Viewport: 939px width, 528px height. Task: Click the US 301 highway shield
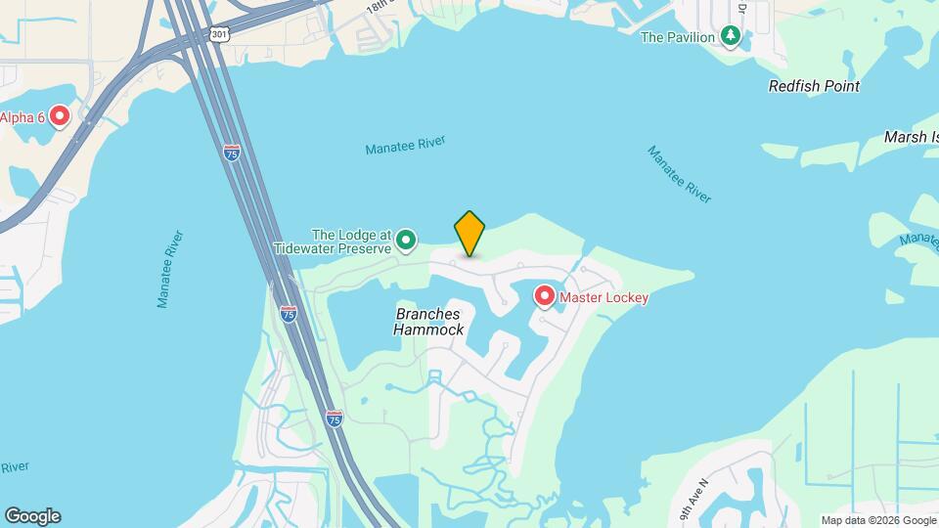[218, 34]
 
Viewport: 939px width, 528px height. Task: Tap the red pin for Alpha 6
[59, 116]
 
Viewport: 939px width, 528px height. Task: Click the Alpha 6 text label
[22, 117]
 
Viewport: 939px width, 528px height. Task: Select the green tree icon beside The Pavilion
[730, 37]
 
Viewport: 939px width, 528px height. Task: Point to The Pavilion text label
[677, 37]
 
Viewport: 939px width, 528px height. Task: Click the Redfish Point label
[814, 86]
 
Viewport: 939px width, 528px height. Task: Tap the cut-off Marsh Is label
[911, 137]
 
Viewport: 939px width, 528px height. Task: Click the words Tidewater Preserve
[333, 248]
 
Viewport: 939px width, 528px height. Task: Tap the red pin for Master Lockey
[544, 295]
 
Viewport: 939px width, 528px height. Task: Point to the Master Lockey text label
[604, 297]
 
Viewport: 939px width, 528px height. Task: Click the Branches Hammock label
[427, 322]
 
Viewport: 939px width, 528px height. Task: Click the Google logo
[32, 515]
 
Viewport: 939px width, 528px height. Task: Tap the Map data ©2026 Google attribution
[879, 520]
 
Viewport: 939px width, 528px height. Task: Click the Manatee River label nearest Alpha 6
[171, 269]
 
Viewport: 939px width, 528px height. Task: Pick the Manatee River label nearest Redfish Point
[679, 174]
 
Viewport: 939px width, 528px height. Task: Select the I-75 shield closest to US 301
[231, 154]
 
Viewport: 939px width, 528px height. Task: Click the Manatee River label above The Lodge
[405, 145]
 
